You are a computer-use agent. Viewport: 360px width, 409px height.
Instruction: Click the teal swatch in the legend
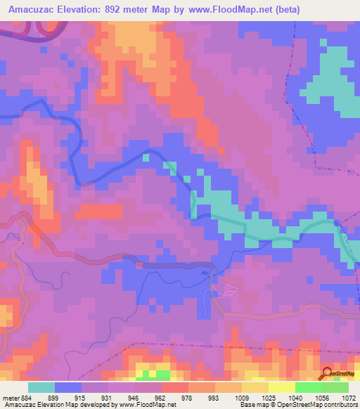(x=41, y=387)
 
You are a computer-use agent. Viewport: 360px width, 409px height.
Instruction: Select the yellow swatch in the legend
(x=281, y=387)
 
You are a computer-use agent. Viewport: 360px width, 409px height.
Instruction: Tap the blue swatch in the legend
(x=68, y=387)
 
